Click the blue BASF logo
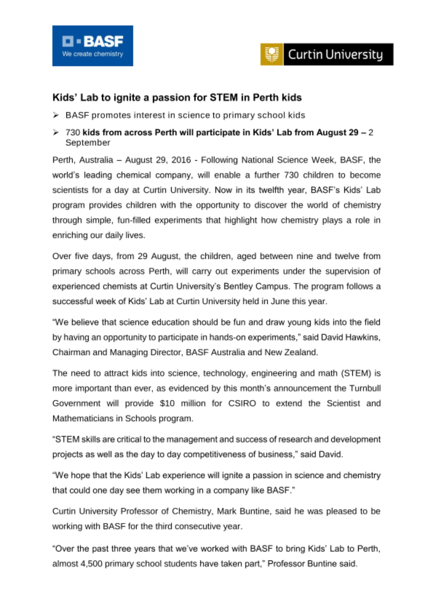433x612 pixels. coord(92,46)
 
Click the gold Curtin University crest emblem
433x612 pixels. coord(271,54)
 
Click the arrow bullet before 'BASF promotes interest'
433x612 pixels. coord(56,115)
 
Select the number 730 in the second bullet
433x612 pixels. coord(73,132)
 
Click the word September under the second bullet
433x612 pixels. coord(88,143)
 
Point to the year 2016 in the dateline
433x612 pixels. coord(181,160)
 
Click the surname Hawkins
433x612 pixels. coord(363,337)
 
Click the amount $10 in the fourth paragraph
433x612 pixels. coord(167,403)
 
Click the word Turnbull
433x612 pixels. coord(365,388)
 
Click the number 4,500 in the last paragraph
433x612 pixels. coord(91,564)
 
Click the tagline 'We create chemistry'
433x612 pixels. coord(92,54)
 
